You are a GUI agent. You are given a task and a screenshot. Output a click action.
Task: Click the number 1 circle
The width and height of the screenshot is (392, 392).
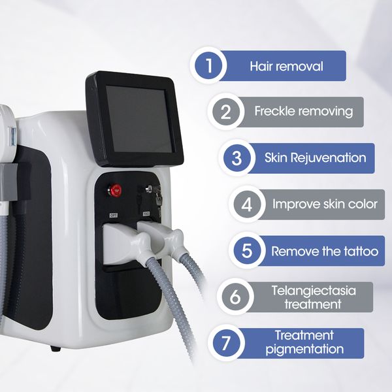pos(208,66)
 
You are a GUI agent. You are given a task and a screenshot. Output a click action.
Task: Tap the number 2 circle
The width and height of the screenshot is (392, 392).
pos(225,112)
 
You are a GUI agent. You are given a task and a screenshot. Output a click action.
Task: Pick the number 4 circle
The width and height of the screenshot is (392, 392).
pos(246,204)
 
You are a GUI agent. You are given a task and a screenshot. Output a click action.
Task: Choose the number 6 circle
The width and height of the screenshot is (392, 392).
pos(234,297)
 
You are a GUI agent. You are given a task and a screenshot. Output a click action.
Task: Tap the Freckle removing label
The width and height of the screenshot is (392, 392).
pos(303,112)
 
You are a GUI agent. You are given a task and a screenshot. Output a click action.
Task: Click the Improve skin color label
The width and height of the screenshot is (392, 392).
pos(325,204)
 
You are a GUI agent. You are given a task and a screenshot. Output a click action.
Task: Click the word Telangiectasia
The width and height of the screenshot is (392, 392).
pos(304,291)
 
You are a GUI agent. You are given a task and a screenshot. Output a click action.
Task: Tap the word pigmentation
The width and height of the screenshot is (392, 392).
pos(304,350)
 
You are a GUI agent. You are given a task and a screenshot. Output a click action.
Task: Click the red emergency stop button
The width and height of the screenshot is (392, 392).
pos(116,191)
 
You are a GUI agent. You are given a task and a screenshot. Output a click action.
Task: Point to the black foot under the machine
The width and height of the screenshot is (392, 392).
pos(56,348)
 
